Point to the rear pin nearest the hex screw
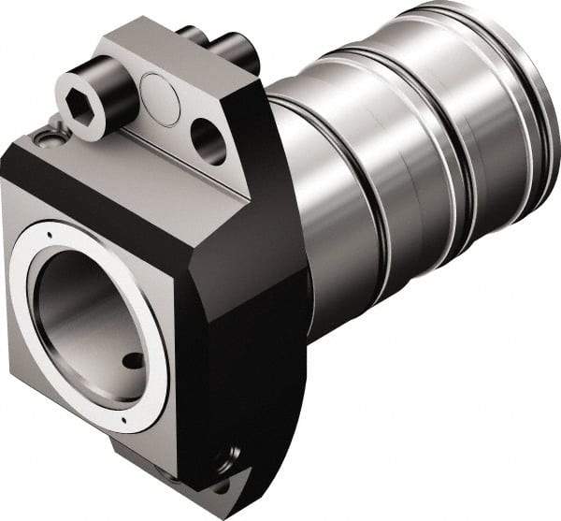192,36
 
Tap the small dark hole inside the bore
134,360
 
